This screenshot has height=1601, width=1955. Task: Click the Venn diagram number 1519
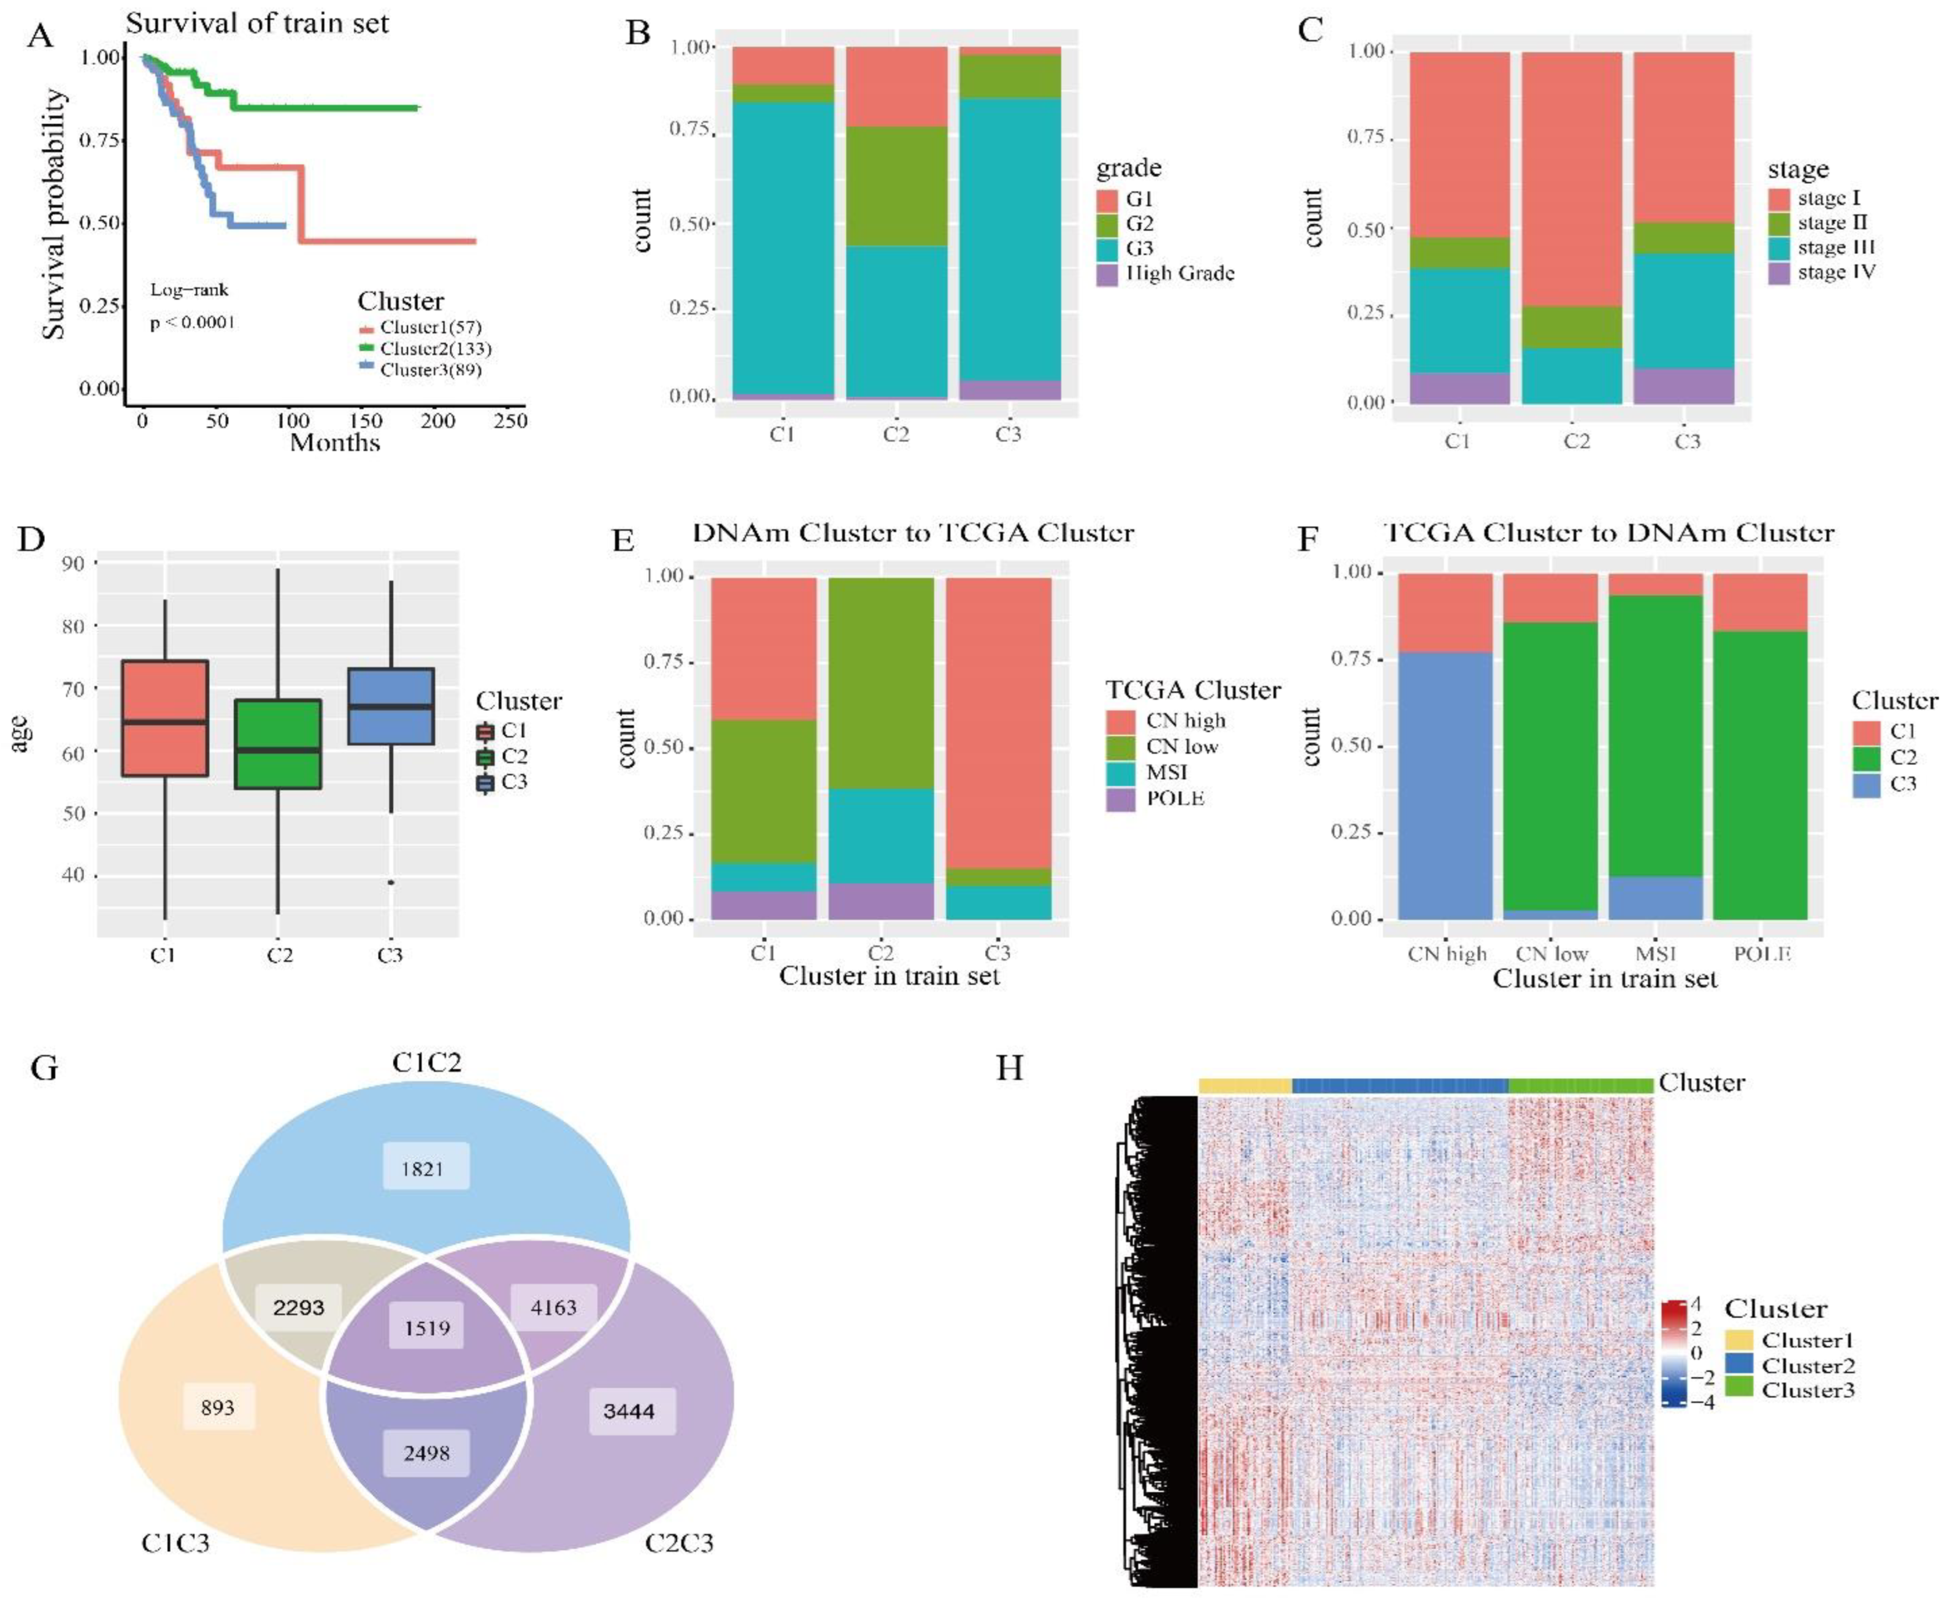[426, 1328]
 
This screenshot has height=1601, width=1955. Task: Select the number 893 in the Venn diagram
[218, 1407]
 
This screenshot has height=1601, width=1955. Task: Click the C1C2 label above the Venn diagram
[426, 1063]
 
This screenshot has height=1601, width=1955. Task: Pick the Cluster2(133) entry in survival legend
[435, 348]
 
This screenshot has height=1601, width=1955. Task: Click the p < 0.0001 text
[193, 323]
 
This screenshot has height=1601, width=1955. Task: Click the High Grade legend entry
[1179, 273]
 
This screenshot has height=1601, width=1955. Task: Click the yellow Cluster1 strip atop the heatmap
[1245, 1086]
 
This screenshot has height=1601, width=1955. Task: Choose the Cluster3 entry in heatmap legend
[1806, 1390]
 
